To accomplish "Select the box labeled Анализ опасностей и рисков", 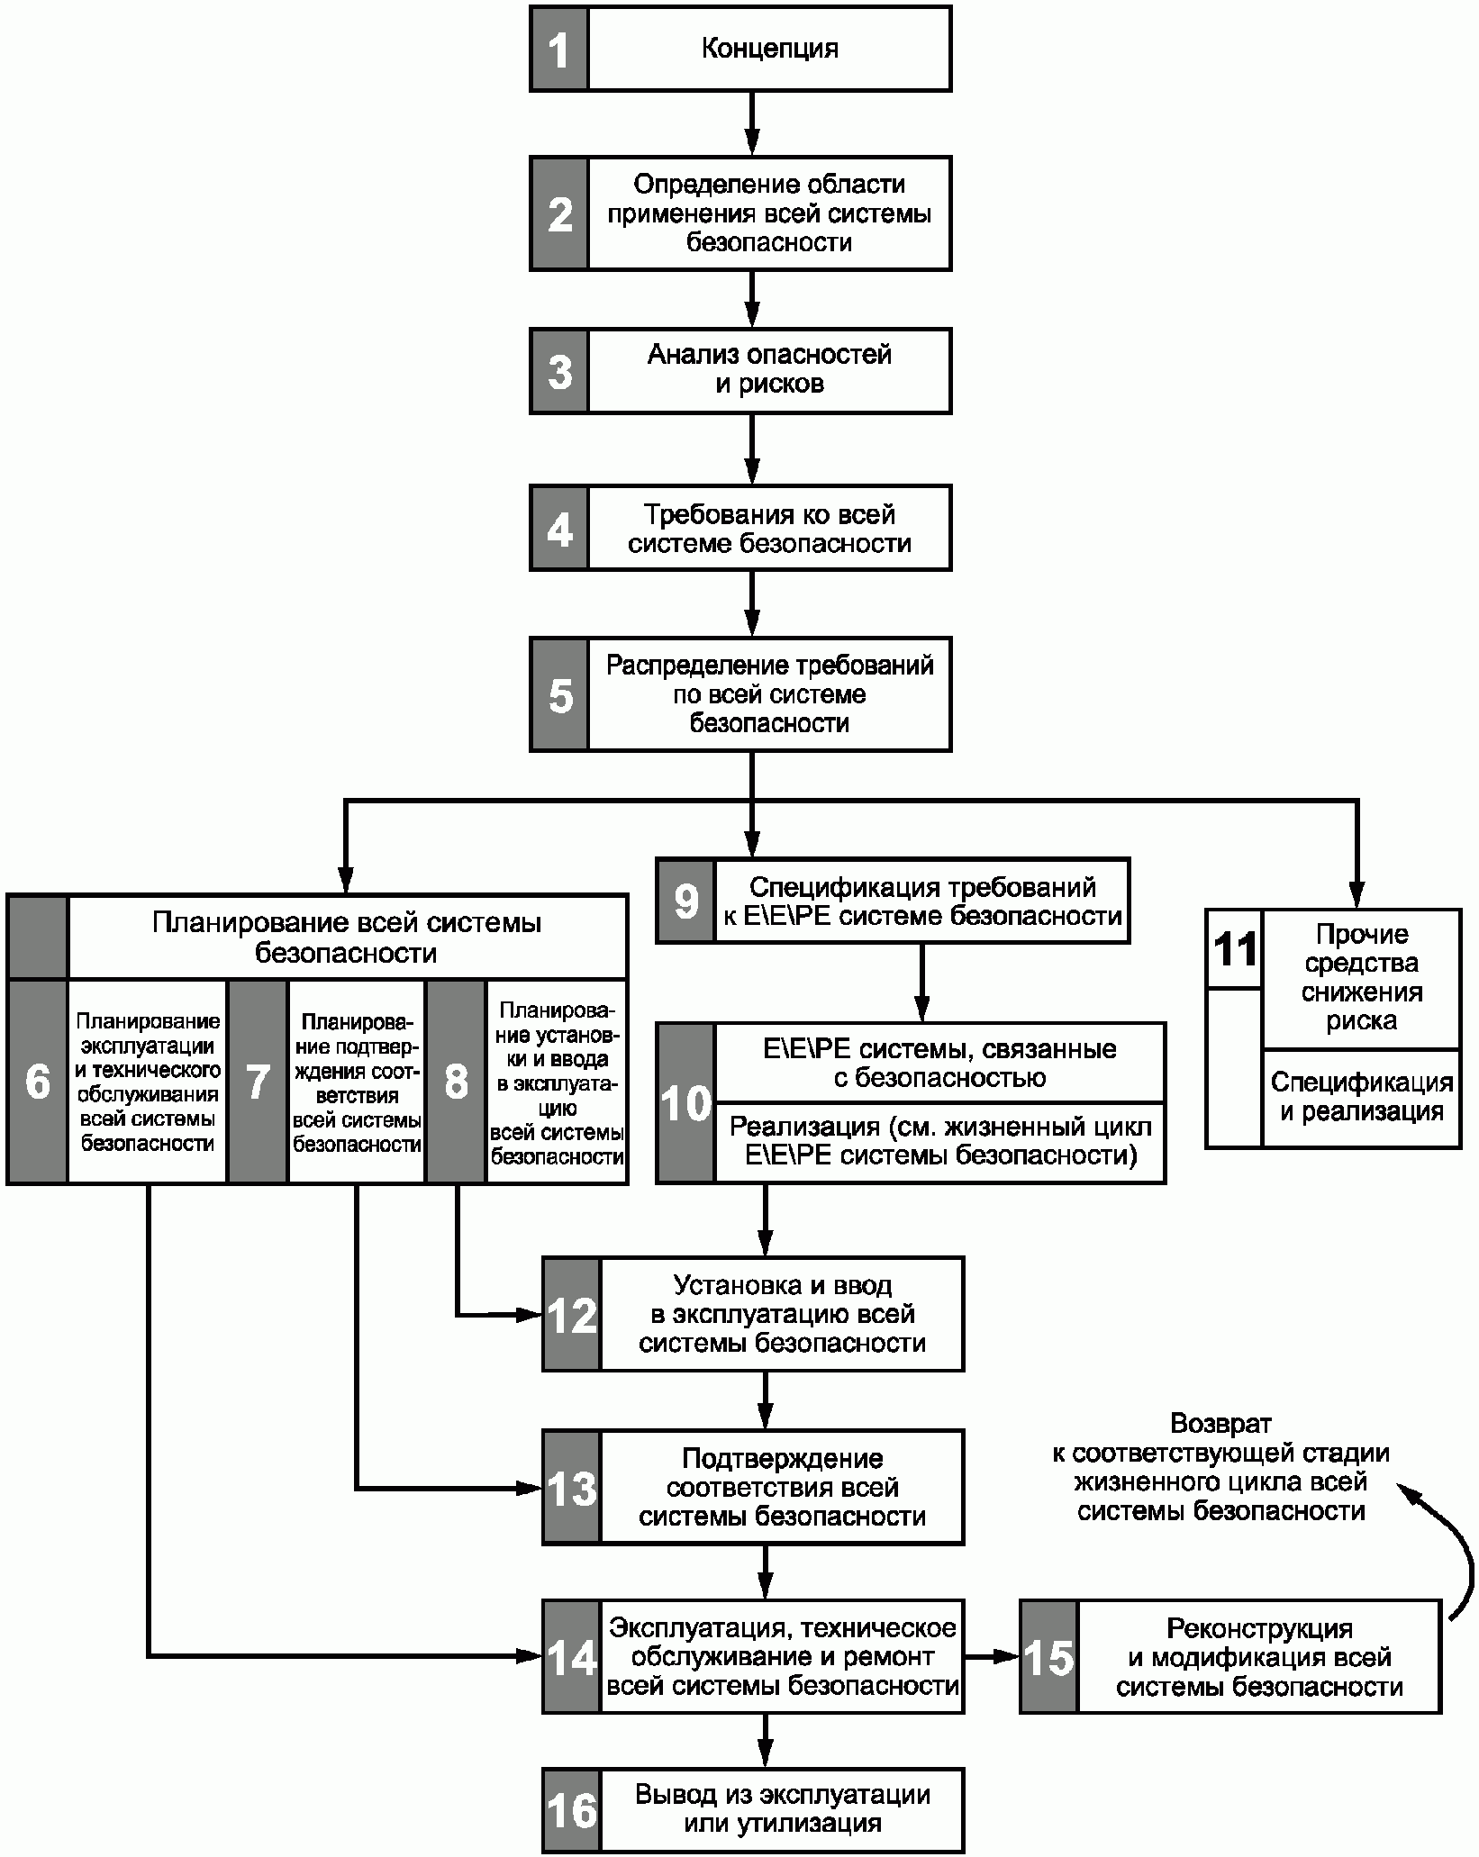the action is tap(740, 371).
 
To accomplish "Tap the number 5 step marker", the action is tap(560, 695).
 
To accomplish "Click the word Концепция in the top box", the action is tap(770, 48).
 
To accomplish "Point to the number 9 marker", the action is tap(685, 901).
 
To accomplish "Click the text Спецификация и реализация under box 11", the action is tap(1361, 1097).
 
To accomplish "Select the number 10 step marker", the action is tap(686, 1103).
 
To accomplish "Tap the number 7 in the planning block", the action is tap(258, 1082).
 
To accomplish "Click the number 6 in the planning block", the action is tap(38, 1082).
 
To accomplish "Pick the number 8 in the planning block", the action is tap(457, 1082).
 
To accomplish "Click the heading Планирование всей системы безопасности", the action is tap(347, 938).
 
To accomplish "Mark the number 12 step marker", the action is tap(572, 1317).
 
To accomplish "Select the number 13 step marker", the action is tap(572, 1490).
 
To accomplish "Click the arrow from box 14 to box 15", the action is tap(991, 1655).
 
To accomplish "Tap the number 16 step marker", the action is tap(572, 1810).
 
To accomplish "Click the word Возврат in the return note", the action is tap(1220, 1424).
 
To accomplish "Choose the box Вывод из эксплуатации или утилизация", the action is tap(753, 1810).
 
